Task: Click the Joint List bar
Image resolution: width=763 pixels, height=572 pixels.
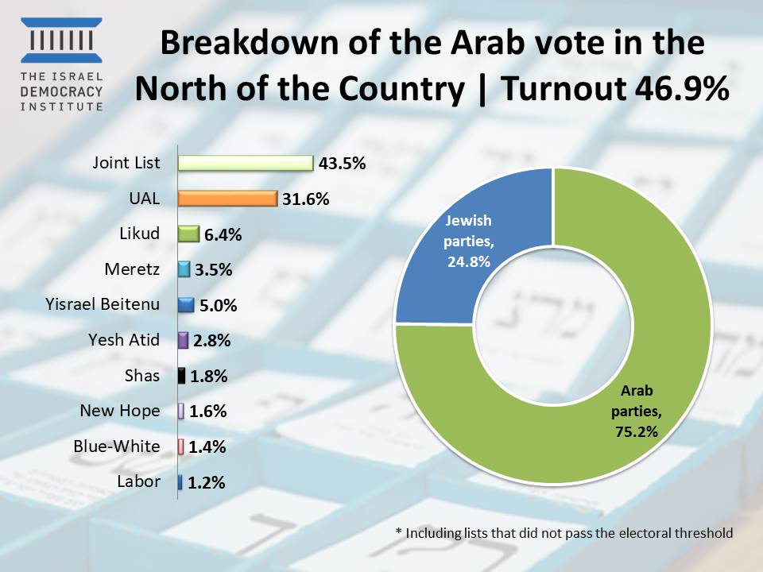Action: [246, 164]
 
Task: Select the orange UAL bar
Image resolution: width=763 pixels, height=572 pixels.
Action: [227, 199]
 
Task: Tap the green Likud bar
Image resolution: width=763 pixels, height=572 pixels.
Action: [188, 234]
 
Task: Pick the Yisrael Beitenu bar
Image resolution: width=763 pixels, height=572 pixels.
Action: [186, 305]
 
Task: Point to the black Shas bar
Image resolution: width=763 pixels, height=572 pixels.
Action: [181, 376]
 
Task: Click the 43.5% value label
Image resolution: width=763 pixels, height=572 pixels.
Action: [341, 164]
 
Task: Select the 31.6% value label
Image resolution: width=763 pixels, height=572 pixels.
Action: [305, 199]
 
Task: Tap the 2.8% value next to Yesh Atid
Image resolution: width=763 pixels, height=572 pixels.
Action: [211, 341]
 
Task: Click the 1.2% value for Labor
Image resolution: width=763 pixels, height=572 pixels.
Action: [207, 482]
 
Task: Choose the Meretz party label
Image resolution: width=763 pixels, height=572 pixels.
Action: [132, 269]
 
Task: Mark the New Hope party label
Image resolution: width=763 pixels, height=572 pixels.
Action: [119, 411]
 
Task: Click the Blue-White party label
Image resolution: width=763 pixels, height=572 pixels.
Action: [116, 446]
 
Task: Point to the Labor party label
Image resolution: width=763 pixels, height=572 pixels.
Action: [138, 481]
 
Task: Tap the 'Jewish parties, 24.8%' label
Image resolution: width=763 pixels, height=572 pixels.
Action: [467, 240]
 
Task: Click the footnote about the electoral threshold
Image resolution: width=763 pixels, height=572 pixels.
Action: [564, 533]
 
